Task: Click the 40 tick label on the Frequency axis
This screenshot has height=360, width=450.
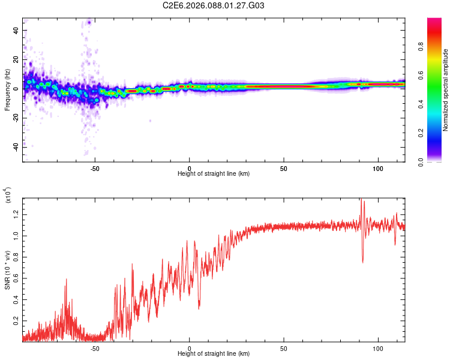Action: coord(17,30)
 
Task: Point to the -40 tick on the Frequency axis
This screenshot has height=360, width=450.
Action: coord(17,147)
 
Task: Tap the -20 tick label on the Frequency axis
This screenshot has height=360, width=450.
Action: coord(17,118)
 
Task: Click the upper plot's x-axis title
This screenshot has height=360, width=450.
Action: coord(214,173)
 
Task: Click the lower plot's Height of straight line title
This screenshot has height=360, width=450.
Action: coord(214,353)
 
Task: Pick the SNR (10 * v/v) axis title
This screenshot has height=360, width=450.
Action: coord(7,268)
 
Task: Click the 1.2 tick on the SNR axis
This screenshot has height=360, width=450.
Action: coord(17,214)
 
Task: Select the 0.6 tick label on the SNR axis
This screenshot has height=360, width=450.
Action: coord(17,278)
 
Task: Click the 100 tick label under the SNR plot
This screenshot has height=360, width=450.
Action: coord(379,347)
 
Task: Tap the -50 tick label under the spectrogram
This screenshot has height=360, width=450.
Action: coord(95,168)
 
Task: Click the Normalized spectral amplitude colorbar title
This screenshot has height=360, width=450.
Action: coord(446,90)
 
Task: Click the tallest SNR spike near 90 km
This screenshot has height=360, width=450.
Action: coord(361,200)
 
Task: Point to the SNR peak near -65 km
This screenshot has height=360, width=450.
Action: coord(66,279)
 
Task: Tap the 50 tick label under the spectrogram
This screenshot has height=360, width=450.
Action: coord(284,168)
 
